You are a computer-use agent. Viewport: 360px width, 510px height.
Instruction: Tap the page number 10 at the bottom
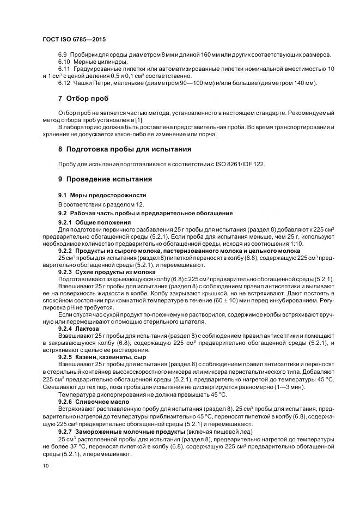45,465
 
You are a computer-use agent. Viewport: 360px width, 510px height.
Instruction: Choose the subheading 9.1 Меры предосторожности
95,195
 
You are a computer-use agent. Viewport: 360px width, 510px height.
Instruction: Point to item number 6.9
62,55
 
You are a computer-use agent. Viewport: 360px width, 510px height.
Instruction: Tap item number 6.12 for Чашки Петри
64,83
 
